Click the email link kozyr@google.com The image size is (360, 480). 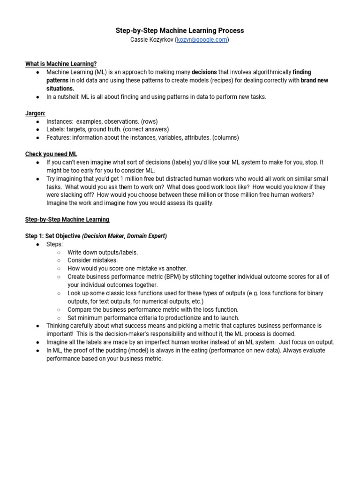pyautogui.click(x=202, y=40)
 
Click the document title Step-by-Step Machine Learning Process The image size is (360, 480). pyautogui.click(x=180, y=30)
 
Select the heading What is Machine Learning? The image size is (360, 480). pyautogui.click(x=61, y=64)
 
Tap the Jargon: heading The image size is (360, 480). pyautogui.click(x=35, y=113)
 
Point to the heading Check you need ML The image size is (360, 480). pyautogui.click(x=51, y=154)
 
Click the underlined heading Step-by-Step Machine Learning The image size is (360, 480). pyautogui.click(x=67, y=219)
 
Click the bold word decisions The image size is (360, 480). pyautogui.click(x=204, y=72)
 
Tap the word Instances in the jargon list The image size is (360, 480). pyautogui.click(x=60, y=121)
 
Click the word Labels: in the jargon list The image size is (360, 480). pyautogui.click(x=56, y=129)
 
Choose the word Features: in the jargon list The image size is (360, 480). pyautogui.click(x=59, y=138)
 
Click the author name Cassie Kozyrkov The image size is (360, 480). pyautogui.click(x=152, y=40)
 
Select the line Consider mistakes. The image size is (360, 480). pyautogui.click(x=92, y=260)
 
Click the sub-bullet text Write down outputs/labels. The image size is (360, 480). pyautogui.click(x=103, y=252)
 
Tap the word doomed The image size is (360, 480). pyautogui.click(x=285, y=334)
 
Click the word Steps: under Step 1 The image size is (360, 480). pyautogui.click(x=54, y=244)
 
